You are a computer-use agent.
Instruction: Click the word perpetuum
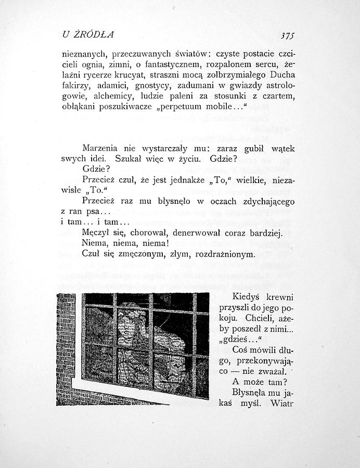(192, 108)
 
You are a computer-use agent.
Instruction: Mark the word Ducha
(281, 75)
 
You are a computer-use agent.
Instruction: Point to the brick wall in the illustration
(66, 343)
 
